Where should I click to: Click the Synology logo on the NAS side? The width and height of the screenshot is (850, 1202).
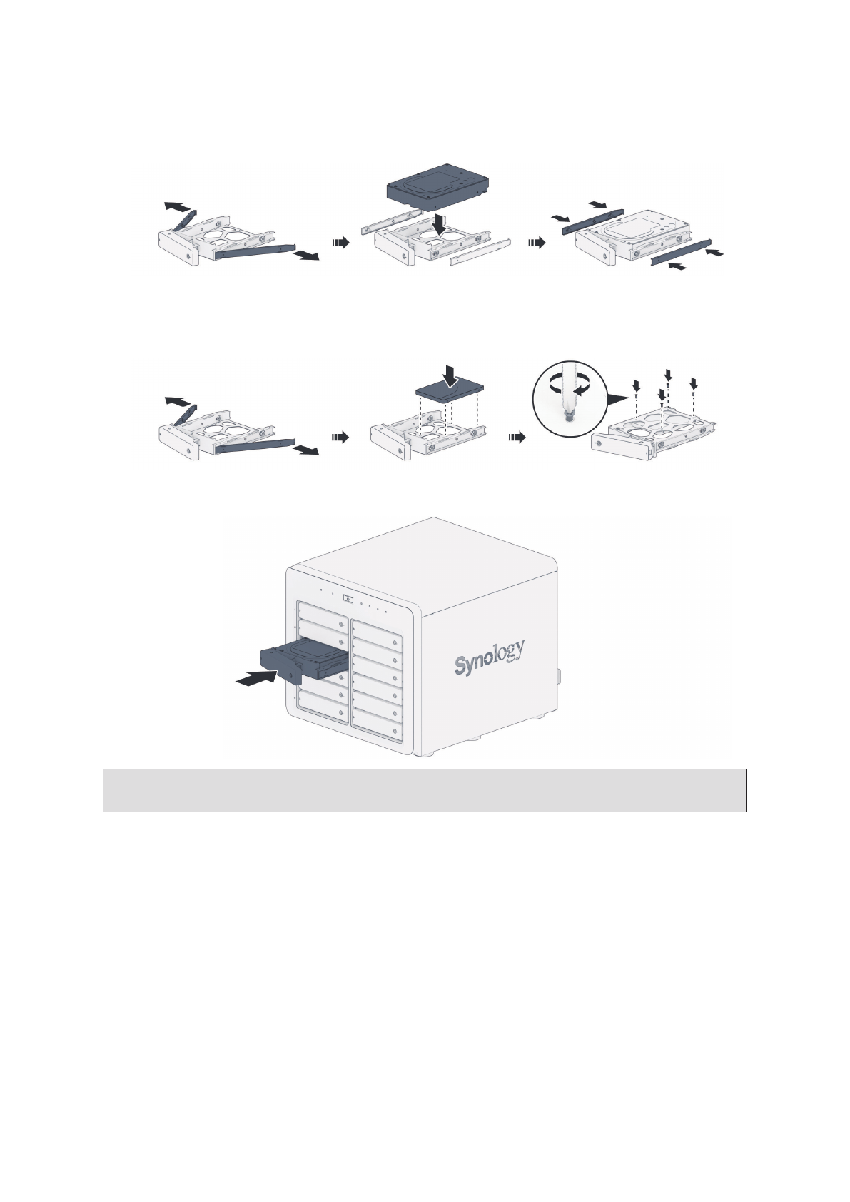point(490,657)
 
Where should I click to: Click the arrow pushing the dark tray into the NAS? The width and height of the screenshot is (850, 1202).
point(255,679)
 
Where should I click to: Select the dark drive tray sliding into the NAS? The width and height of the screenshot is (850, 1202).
point(300,660)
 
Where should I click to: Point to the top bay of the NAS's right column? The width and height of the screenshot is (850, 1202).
point(377,627)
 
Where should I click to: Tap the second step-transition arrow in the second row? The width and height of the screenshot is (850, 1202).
point(515,438)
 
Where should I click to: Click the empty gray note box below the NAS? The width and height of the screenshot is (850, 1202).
point(424,790)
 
